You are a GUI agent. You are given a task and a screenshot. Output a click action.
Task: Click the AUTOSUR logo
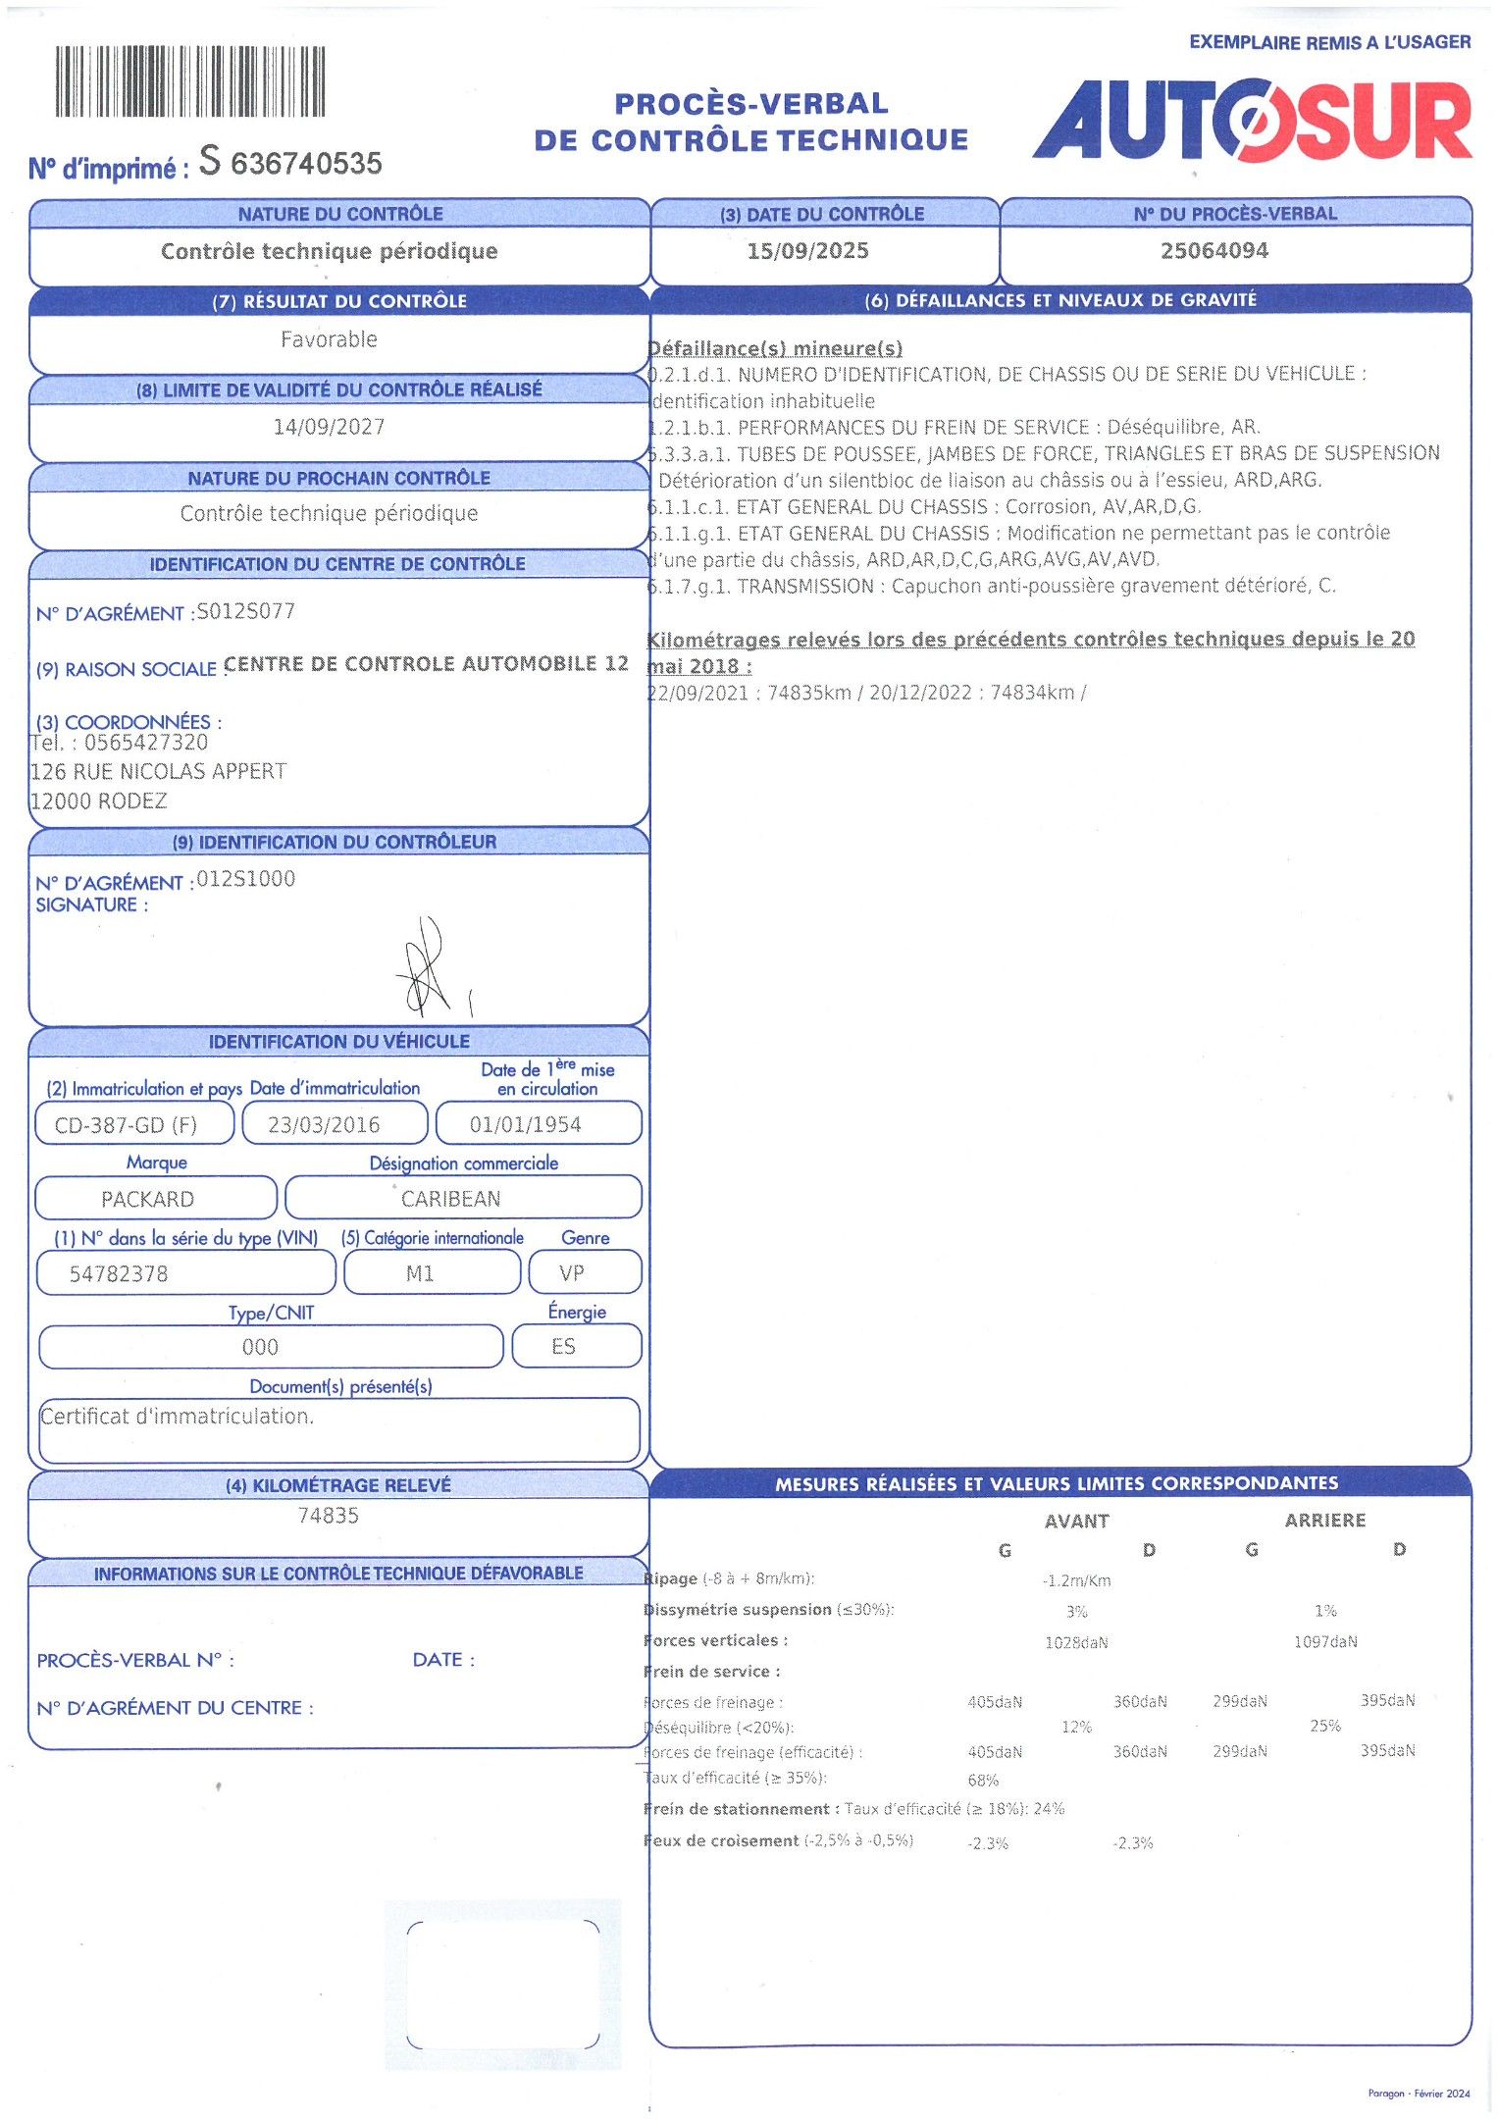1252,121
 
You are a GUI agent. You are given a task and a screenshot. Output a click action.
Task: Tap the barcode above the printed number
189,82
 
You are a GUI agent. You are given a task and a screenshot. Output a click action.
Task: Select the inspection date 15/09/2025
807,251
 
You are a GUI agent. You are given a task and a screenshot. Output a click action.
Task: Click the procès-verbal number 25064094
1214,251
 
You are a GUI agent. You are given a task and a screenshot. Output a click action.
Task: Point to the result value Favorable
329,339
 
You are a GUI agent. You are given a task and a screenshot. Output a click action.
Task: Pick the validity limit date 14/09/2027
329,427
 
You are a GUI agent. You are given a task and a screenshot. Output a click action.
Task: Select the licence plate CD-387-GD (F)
126,1125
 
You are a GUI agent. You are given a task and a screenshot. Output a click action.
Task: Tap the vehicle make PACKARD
147,1199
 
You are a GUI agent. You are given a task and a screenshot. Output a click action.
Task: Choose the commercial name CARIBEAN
450,1199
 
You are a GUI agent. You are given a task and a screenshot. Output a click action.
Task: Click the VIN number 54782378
119,1274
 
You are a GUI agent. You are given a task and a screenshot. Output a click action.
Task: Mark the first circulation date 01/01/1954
526,1125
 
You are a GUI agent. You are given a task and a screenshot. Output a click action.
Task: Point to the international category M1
420,1273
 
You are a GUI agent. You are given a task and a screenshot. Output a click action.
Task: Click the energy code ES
563,1347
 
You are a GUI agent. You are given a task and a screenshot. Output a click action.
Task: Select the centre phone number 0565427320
146,743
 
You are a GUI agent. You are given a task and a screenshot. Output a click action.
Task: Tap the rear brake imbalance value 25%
1324,1726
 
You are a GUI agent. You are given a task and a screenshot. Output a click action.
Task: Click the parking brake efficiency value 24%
1049,1808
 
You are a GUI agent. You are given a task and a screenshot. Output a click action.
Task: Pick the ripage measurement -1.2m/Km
1076,1580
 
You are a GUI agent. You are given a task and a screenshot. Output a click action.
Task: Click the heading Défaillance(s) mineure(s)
775,348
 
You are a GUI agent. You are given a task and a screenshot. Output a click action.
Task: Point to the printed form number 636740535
306,164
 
